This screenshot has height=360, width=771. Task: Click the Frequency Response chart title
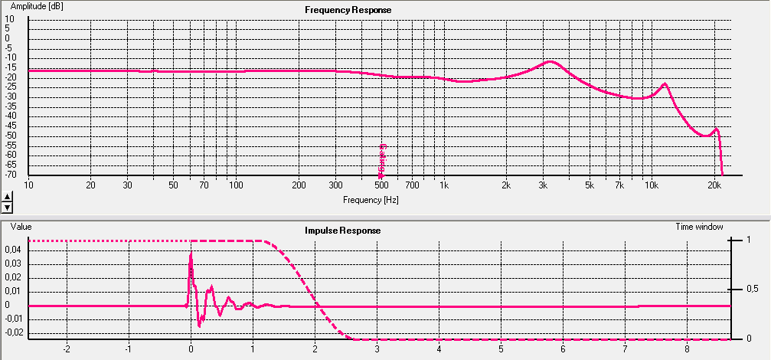tap(348, 10)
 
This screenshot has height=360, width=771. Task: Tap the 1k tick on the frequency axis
tap(443, 185)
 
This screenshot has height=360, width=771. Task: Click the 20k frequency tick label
tap(714, 185)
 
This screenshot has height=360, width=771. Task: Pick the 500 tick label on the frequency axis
tap(381, 185)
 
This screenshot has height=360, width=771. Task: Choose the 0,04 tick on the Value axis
tap(13, 250)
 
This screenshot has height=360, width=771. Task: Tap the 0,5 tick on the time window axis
tap(753, 290)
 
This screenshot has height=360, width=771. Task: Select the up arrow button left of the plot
tap(8, 197)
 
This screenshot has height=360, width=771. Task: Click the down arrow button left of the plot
tap(8, 207)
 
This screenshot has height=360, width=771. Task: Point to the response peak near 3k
tap(550, 61)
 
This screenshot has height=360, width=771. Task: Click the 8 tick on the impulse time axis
tap(687, 349)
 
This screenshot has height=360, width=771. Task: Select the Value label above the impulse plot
tap(21, 227)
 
